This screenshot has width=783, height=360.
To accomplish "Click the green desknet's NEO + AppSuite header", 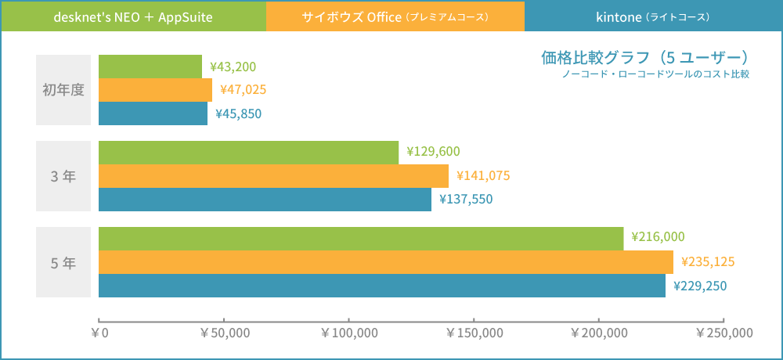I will (133, 16).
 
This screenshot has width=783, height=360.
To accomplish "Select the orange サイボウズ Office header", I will (395, 16).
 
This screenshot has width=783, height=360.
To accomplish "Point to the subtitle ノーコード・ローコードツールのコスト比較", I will (655, 74).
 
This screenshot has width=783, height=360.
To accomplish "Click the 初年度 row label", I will (63, 90).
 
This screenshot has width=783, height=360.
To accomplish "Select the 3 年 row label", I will (63, 176).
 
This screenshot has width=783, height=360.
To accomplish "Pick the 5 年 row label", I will (63, 262).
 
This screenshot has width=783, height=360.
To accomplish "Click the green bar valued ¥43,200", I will (150, 67).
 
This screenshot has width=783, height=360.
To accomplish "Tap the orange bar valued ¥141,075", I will (273, 176).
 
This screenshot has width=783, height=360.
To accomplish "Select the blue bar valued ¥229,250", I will (382, 286).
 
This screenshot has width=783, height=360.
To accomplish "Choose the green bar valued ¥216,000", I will (361, 239).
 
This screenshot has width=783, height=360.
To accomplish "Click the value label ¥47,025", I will (244, 90).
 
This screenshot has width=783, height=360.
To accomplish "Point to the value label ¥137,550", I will (466, 200).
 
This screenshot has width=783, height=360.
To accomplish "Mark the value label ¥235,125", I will (708, 262).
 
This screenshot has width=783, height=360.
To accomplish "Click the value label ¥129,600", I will (433, 153).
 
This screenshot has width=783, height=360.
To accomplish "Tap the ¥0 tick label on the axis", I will (99, 333).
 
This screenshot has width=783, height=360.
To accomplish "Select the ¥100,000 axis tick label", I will (349, 333).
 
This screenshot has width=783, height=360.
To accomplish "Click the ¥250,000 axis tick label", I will (724, 333).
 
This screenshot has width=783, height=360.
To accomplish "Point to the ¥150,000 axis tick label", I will (474, 333).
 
